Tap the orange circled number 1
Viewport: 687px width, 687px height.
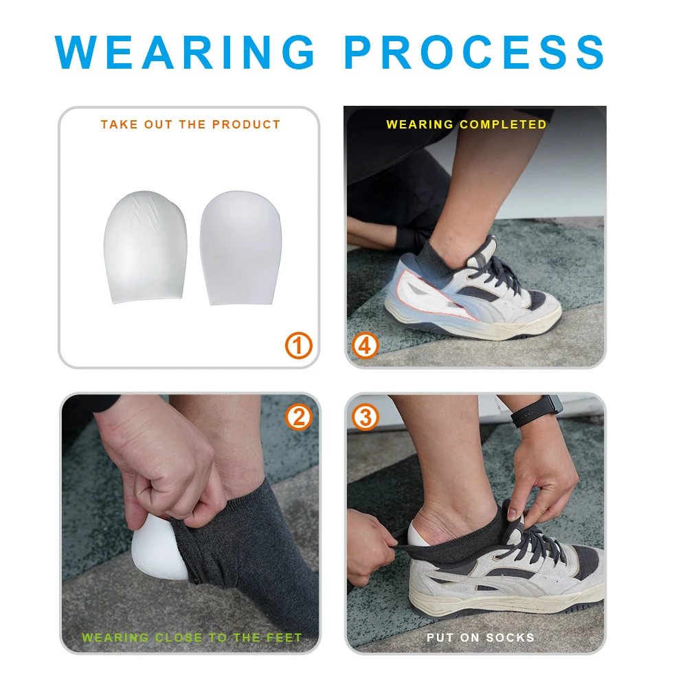(x=299, y=346)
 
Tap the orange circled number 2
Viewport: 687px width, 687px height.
(x=298, y=417)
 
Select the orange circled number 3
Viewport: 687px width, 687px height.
(x=365, y=417)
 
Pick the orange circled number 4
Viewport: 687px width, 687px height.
(x=365, y=346)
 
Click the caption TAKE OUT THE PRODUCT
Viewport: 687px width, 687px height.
(x=190, y=124)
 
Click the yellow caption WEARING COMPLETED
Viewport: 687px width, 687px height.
(x=466, y=124)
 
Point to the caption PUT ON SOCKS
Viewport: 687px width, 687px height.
(x=480, y=638)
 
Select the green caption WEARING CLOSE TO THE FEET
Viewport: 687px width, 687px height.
(x=192, y=638)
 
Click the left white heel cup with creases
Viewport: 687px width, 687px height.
(x=145, y=247)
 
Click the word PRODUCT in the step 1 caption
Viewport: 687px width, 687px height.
(x=246, y=124)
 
